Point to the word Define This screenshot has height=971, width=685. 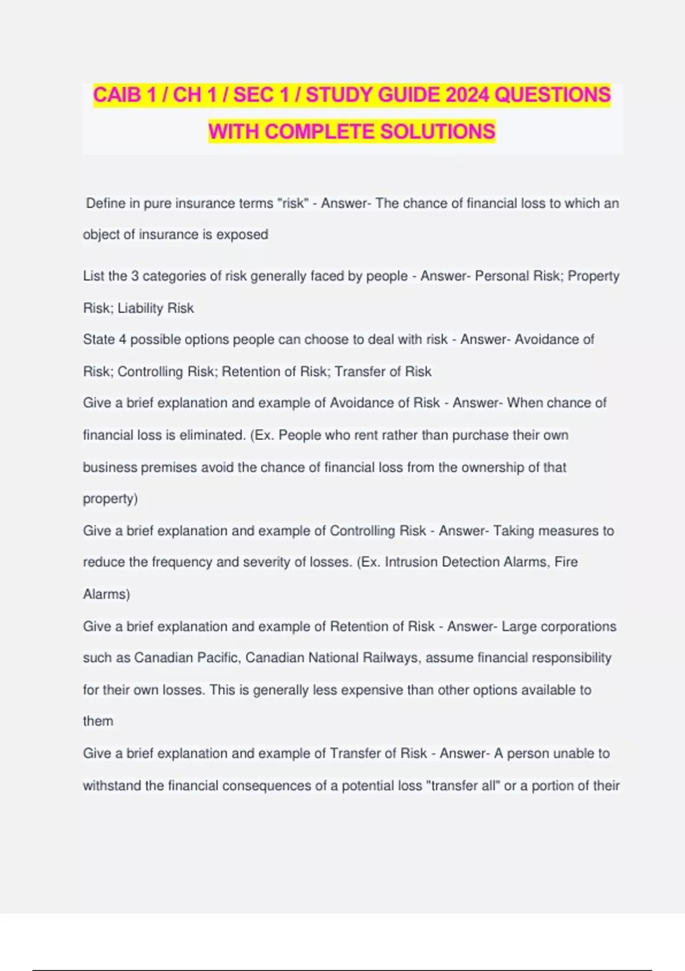[105, 203]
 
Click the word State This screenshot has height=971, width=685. [99, 339]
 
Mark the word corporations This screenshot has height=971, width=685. [578, 627]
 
